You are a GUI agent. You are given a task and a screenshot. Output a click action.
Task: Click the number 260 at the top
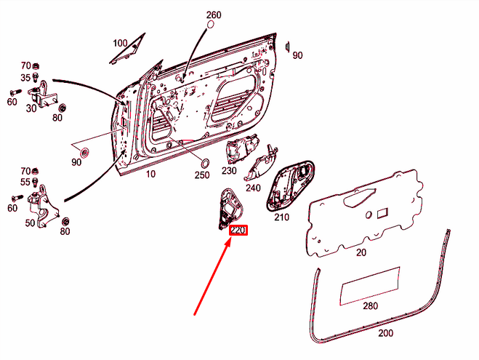coord(214,15)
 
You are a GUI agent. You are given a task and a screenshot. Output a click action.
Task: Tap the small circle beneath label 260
coord(211,25)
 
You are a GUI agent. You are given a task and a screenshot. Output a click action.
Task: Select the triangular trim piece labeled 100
coord(127,49)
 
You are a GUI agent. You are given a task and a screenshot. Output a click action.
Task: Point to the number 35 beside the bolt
coord(25,78)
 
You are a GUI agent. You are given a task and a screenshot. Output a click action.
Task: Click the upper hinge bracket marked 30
coord(43,94)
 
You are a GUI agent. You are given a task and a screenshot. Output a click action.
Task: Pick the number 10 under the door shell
coord(150,174)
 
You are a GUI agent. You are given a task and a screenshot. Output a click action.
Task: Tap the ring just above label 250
coord(206,163)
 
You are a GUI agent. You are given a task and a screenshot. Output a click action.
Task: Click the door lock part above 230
coord(242,149)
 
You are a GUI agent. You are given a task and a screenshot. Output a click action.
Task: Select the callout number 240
coord(253,188)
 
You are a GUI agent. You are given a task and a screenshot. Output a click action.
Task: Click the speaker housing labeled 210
coord(290,185)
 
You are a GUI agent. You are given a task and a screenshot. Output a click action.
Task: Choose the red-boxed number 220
coord(238,230)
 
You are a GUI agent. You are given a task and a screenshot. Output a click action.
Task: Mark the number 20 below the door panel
coord(361,252)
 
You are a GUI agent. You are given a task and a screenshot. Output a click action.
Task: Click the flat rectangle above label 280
coord(370,286)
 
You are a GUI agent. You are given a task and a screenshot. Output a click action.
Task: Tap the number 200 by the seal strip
coord(385,333)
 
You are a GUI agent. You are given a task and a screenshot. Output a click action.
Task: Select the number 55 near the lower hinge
coord(25,182)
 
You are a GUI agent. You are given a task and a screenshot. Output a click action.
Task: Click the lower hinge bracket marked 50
coord(44,206)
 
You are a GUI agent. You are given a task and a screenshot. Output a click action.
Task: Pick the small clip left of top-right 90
coord(287,47)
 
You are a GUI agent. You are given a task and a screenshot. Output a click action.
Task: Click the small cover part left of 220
coord(230,209)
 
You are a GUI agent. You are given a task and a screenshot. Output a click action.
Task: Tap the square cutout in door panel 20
coord(382,212)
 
